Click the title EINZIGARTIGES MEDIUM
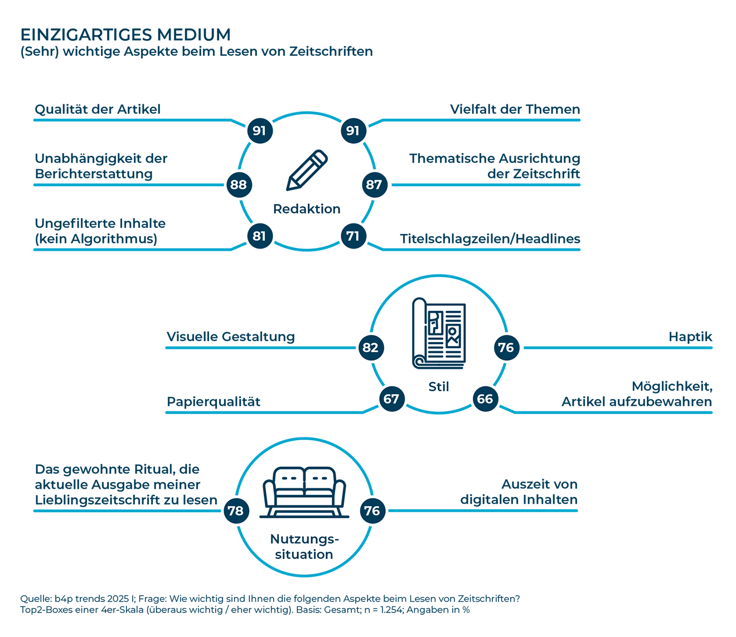(125, 35)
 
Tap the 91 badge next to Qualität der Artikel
(260, 131)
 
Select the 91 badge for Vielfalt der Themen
(354, 131)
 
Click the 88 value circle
(239, 184)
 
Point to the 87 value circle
(375, 184)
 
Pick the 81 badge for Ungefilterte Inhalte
(260, 236)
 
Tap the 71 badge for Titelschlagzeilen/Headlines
(354, 236)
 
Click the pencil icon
(307, 170)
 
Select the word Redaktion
(307, 209)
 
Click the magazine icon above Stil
(439, 333)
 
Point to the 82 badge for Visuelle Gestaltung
(371, 347)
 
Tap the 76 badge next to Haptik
(507, 347)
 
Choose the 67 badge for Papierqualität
(391, 398)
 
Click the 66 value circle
(485, 398)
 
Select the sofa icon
(304, 493)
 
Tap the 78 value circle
(236, 510)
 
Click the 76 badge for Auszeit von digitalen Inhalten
(372, 510)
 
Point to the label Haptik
(690, 337)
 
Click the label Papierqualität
(214, 402)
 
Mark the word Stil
(439, 387)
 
